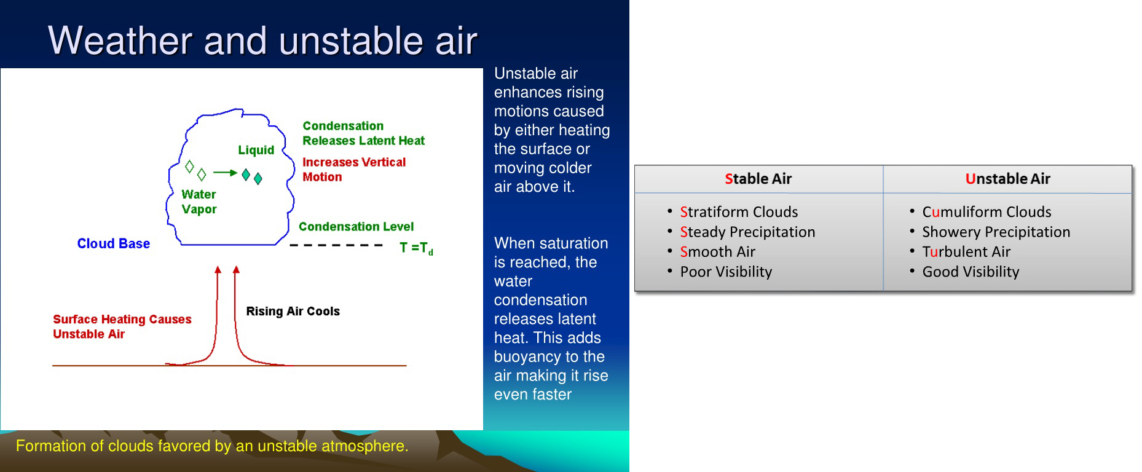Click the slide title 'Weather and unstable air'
coord(262,41)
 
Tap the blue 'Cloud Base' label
coord(114,243)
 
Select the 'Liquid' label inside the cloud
coord(256,150)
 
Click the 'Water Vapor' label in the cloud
coord(199,202)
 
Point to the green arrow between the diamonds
coord(225,173)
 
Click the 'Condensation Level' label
coord(356,226)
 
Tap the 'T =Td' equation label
coord(416,248)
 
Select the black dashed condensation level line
coord(336,245)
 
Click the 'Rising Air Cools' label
coord(293,311)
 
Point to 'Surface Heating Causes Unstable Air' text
coord(122,326)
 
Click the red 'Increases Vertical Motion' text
coord(354,169)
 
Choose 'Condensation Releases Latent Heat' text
coord(363,133)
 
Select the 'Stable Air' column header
coord(758,179)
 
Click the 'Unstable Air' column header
coord(1008,179)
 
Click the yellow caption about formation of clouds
coord(212,446)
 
